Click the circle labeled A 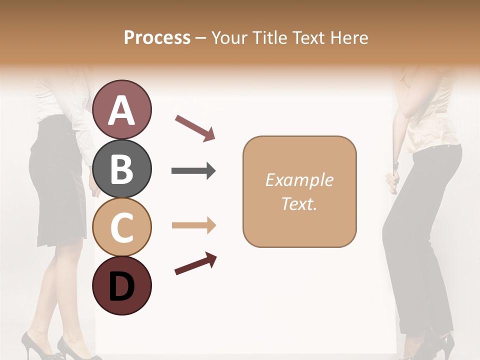coord(121,109)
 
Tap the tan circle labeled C coord(121,227)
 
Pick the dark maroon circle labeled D coord(121,285)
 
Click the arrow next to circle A coord(195,127)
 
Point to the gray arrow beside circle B coord(193,171)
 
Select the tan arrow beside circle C coord(193,225)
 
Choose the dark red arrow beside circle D coord(195,263)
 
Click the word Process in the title coord(157,37)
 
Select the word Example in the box coord(299,180)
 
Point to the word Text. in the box coord(299,203)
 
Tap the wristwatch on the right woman coord(395,164)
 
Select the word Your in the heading coord(228,37)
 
